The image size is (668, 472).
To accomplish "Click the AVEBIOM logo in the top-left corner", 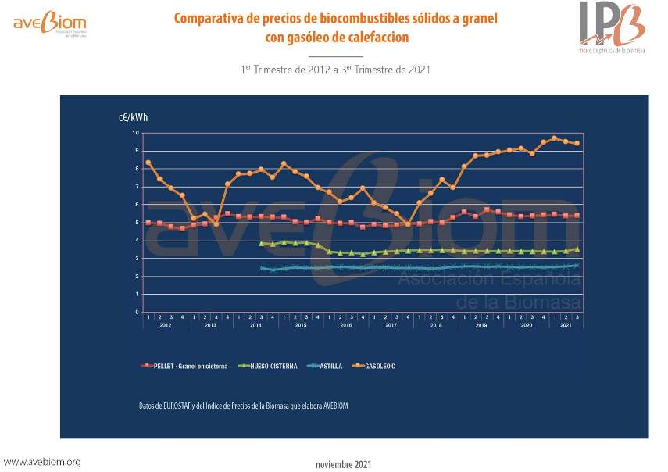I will (50, 24).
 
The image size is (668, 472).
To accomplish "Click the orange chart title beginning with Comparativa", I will (335, 27).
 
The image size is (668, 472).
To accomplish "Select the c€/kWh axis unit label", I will (129, 118).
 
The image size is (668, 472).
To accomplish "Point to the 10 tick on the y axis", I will (135, 133).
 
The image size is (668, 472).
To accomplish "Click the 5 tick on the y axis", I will (136, 223).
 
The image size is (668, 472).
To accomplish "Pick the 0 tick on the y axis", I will (136, 312).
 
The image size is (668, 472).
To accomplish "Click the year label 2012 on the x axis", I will (165, 324).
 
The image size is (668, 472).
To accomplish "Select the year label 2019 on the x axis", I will (481, 324).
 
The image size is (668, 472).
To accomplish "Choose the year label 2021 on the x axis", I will (566, 324).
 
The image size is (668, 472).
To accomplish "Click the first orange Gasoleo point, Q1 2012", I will (148, 163).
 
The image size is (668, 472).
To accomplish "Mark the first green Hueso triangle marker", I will (261, 244).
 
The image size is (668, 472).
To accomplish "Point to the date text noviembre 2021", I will (344, 463).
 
